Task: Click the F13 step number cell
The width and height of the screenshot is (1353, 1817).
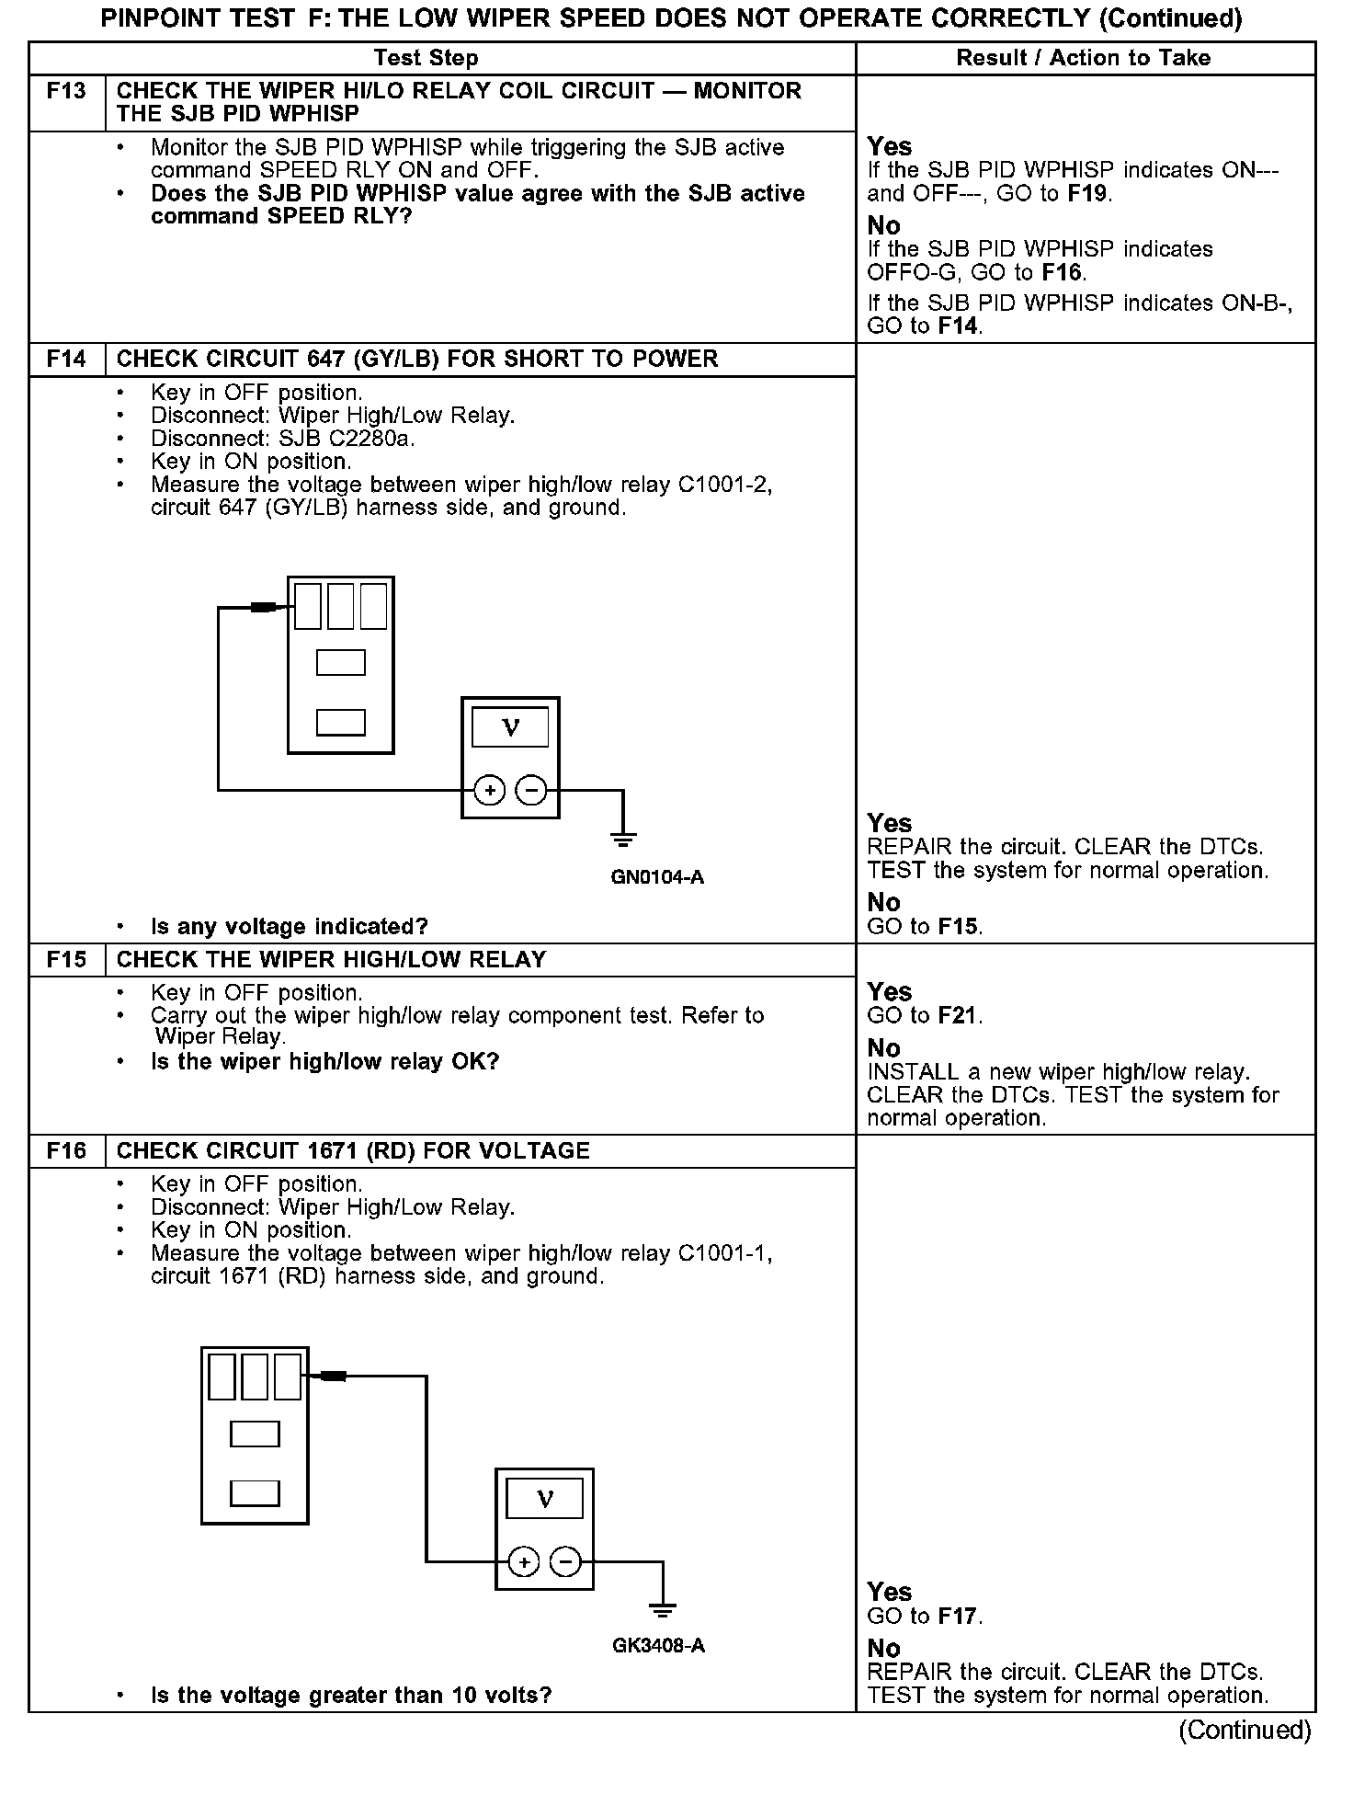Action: point(66,91)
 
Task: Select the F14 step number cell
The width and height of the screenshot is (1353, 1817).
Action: point(66,360)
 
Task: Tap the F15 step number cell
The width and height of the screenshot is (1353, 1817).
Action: point(66,960)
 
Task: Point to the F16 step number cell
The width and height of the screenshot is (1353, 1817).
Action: point(66,1151)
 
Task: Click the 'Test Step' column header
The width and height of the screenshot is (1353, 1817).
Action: point(426,58)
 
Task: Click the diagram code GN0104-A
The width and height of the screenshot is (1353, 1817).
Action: point(657,877)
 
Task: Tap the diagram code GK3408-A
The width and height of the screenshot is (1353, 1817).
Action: point(658,1646)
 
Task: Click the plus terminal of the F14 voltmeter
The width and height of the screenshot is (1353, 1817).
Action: point(490,790)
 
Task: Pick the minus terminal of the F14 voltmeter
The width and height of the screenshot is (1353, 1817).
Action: point(531,790)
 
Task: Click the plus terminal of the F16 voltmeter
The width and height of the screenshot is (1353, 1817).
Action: point(524,1561)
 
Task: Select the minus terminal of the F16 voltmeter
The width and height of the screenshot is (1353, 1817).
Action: point(565,1561)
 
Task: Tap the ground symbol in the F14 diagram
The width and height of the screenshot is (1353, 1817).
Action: point(623,839)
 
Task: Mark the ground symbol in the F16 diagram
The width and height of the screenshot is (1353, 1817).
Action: point(662,1609)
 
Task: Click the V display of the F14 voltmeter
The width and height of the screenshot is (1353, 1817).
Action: point(510,727)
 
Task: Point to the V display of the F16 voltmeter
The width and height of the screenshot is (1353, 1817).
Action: point(544,1499)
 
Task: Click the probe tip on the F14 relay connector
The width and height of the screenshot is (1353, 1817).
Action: point(264,607)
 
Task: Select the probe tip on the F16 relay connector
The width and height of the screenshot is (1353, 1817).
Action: point(333,1377)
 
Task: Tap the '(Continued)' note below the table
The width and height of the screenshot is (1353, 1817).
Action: point(1245,1731)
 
